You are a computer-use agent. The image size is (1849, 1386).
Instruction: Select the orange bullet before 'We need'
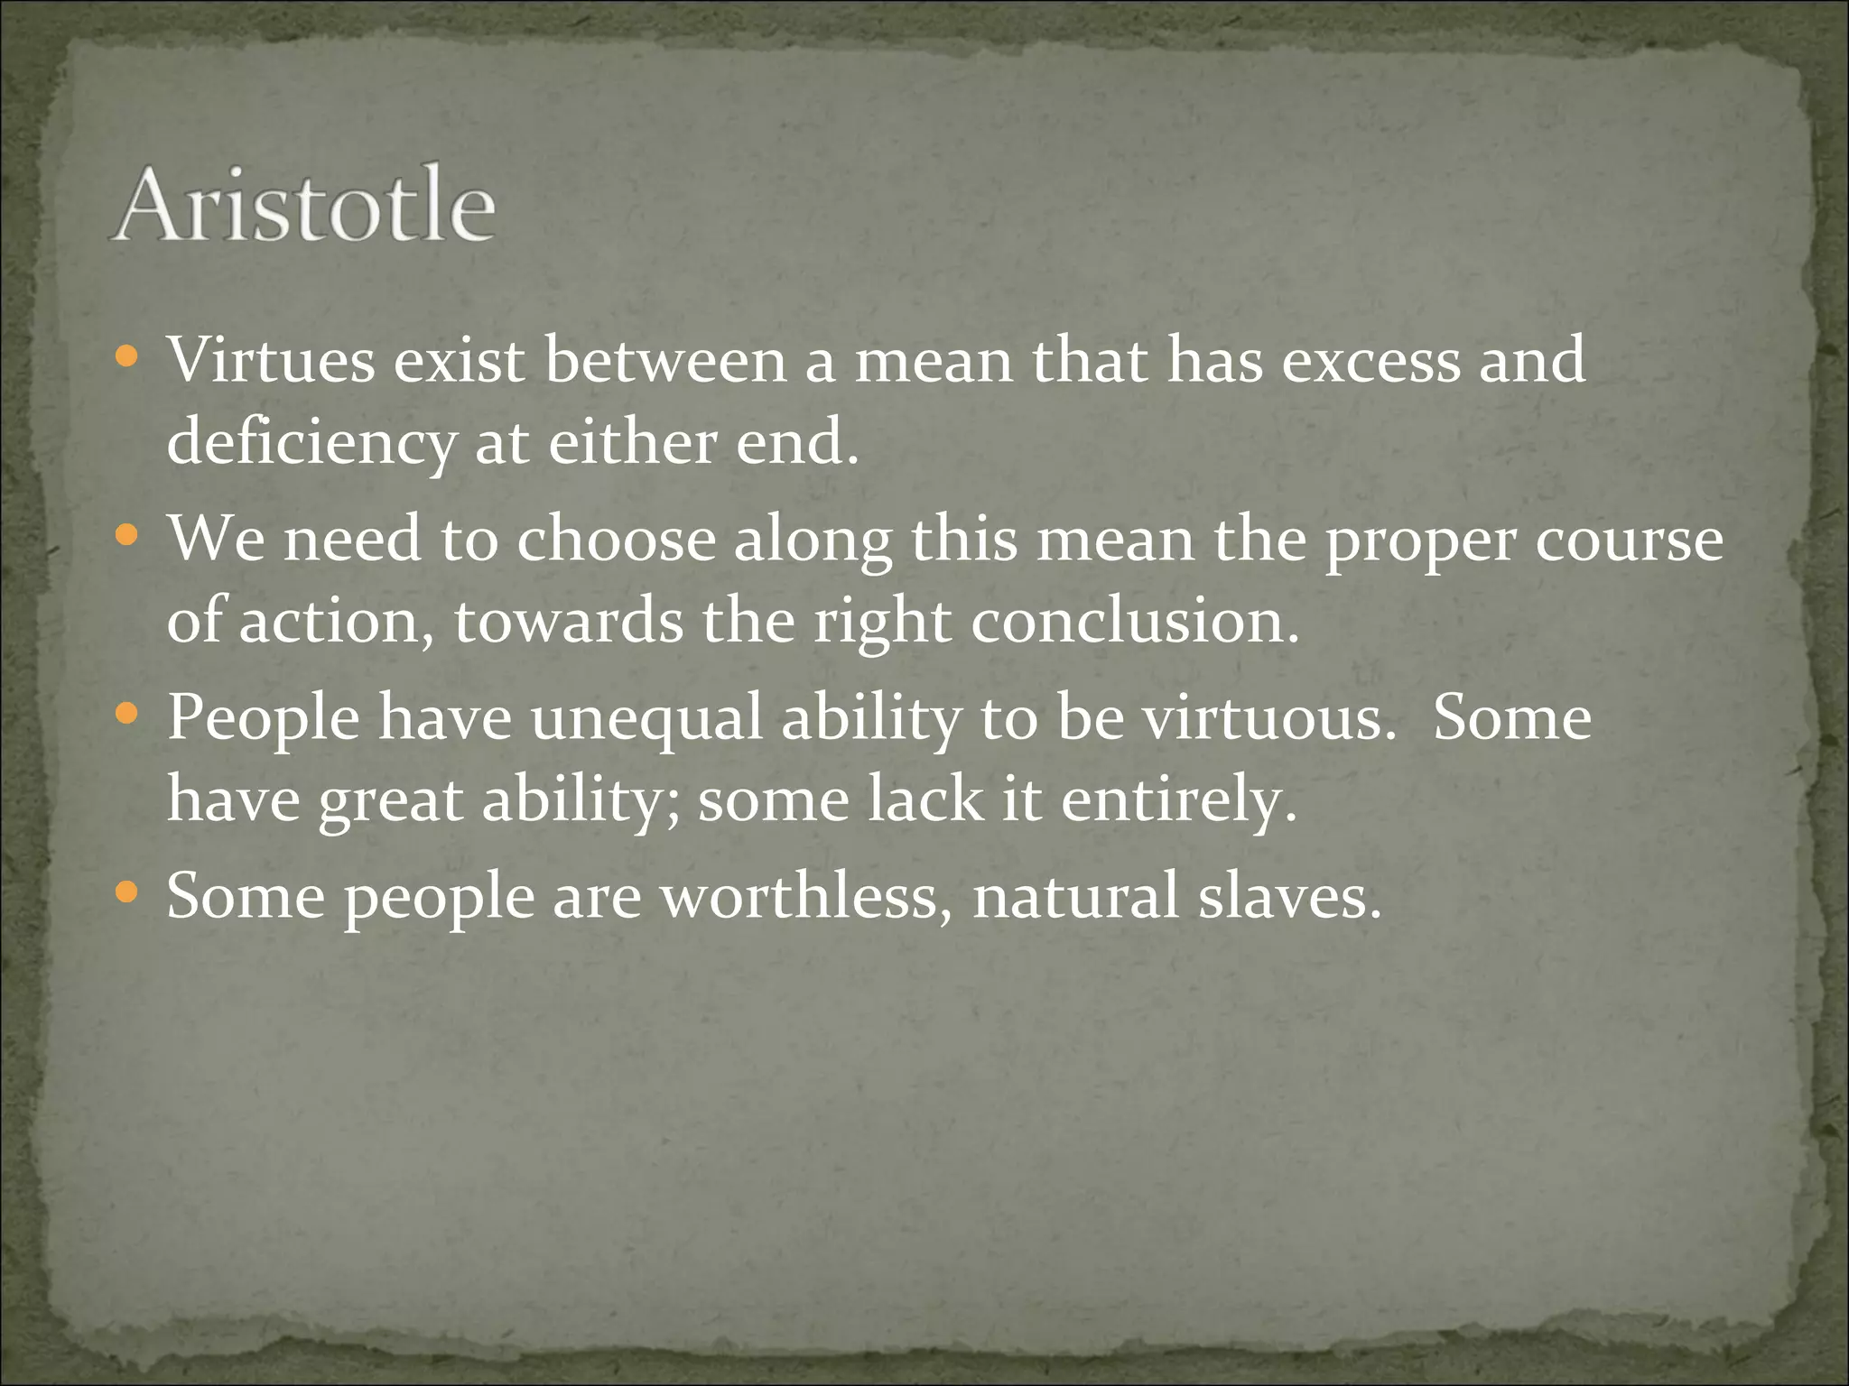click(127, 537)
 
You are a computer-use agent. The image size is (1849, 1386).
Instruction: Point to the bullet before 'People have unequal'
click(127, 716)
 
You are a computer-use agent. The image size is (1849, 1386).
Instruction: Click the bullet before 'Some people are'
click(127, 894)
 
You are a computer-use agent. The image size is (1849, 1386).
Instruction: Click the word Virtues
click(270, 360)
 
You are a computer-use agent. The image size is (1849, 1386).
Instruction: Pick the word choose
click(615, 539)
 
